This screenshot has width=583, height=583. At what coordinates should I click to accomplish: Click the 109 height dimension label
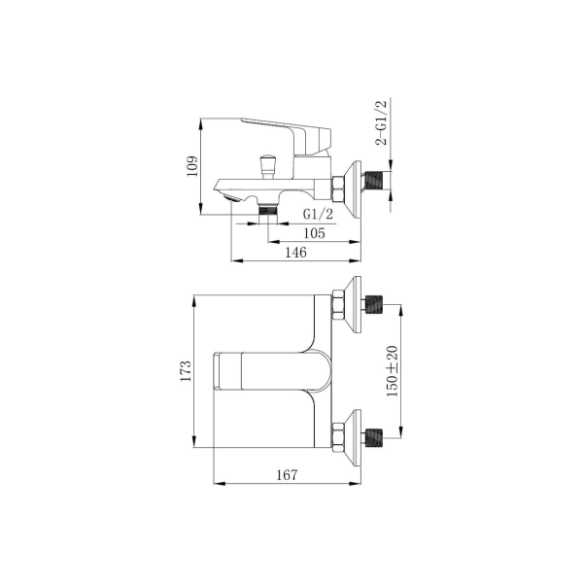pyautogui.click(x=192, y=166)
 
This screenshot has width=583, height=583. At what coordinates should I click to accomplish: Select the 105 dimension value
pyautogui.click(x=314, y=233)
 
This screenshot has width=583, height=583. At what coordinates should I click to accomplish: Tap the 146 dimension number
pyautogui.click(x=296, y=253)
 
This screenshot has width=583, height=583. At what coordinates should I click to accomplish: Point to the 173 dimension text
pyautogui.click(x=186, y=371)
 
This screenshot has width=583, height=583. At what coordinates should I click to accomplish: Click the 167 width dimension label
pyautogui.click(x=287, y=475)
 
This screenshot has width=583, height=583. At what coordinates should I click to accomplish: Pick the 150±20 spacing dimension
pyautogui.click(x=392, y=371)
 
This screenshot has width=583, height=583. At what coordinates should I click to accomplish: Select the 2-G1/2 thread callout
pyautogui.click(x=381, y=122)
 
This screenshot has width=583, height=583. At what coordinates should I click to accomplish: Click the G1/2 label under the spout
pyautogui.click(x=318, y=214)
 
